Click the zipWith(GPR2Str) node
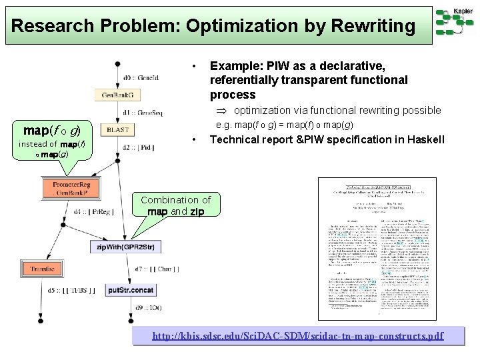click(125, 247)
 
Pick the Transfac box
click(42, 269)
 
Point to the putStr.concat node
click(130, 291)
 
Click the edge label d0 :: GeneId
click(141, 78)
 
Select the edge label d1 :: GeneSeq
click(143, 113)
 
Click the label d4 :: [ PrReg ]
click(95, 213)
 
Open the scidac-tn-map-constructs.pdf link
click(298, 336)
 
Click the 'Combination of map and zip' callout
click(176, 205)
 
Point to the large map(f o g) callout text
click(52, 129)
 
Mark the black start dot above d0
click(117, 65)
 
